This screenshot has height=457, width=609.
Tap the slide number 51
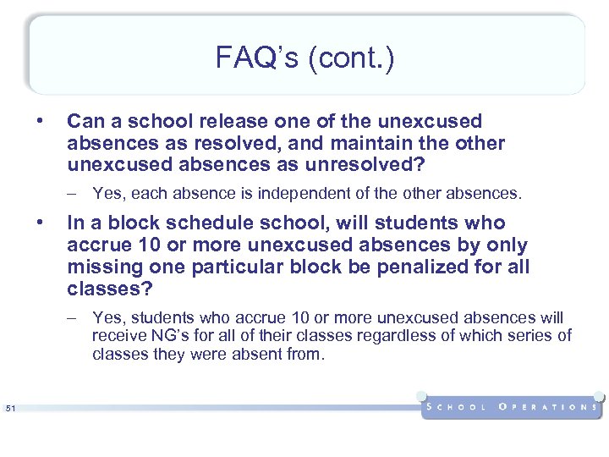pos(11,410)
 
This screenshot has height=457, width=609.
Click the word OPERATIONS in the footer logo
pos(548,407)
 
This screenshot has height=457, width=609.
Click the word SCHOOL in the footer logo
pos(458,407)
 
